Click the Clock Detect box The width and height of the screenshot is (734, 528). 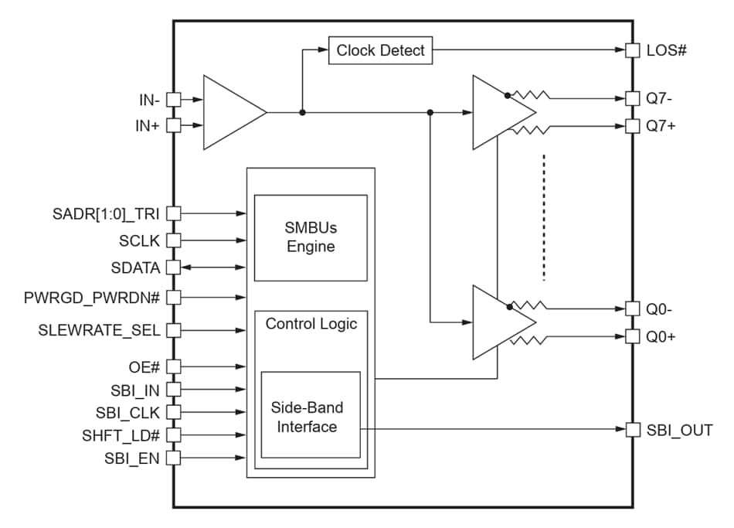click(x=380, y=51)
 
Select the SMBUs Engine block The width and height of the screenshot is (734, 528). click(x=311, y=238)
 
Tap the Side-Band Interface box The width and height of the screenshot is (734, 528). click(x=311, y=416)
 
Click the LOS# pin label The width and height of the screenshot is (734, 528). click(x=667, y=51)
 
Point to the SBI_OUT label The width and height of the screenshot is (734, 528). click(x=679, y=431)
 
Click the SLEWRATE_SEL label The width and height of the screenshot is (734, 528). click(x=100, y=331)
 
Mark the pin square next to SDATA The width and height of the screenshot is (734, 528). click(x=173, y=267)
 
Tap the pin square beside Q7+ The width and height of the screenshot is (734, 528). click(x=632, y=125)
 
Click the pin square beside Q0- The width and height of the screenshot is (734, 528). click(x=632, y=308)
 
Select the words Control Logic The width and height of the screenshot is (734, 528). click(x=311, y=324)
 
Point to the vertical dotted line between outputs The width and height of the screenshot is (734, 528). click(x=544, y=216)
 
